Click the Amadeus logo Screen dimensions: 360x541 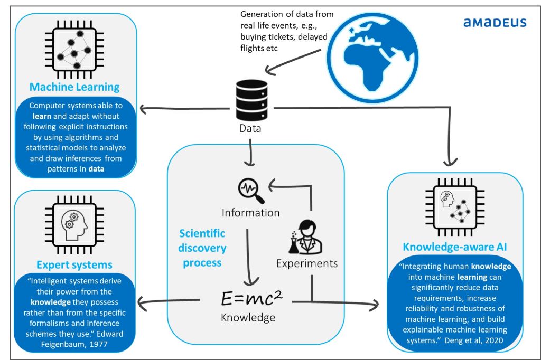[x=495, y=22]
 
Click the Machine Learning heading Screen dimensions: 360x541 [x=74, y=87]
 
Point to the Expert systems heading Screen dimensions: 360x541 [x=74, y=264]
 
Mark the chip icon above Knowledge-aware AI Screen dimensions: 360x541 [x=454, y=207]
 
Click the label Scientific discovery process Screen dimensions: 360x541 [x=202, y=248]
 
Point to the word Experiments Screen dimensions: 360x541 [x=306, y=263]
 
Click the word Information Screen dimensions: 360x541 [x=251, y=213]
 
